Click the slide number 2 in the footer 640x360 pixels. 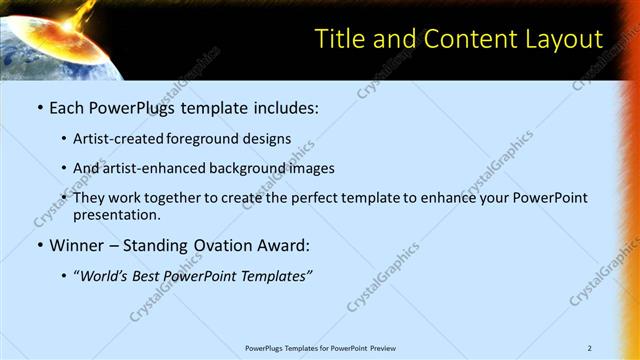[589, 348]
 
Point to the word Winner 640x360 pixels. [79, 245]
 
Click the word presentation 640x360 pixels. [116, 214]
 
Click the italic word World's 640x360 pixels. [108, 275]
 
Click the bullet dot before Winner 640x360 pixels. [39, 245]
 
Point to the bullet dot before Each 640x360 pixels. [39, 106]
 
